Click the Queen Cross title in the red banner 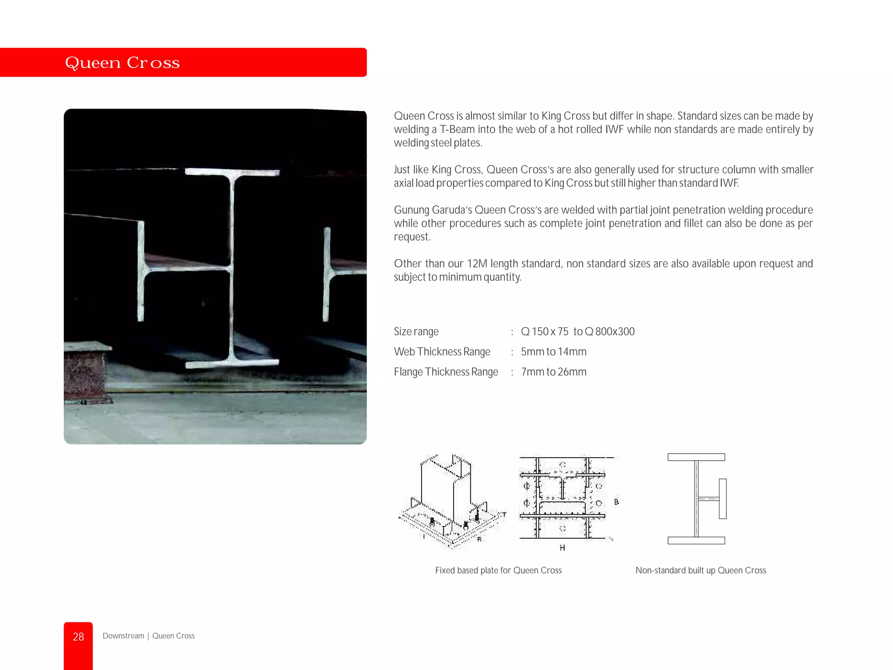(x=122, y=63)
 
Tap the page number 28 (x=78, y=637)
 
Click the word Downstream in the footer (x=123, y=636)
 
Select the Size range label (x=416, y=332)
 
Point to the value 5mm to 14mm (x=553, y=352)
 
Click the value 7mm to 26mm (x=553, y=372)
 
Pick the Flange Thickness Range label (x=446, y=372)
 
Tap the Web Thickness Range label (x=442, y=352)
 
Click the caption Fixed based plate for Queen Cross (x=498, y=571)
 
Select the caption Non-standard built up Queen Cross (x=700, y=571)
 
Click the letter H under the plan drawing (x=562, y=548)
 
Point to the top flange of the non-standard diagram (x=696, y=457)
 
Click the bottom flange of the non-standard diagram (x=696, y=540)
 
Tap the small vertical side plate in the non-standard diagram (x=723, y=499)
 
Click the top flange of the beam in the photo (x=232, y=172)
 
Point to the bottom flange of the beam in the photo (x=232, y=363)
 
